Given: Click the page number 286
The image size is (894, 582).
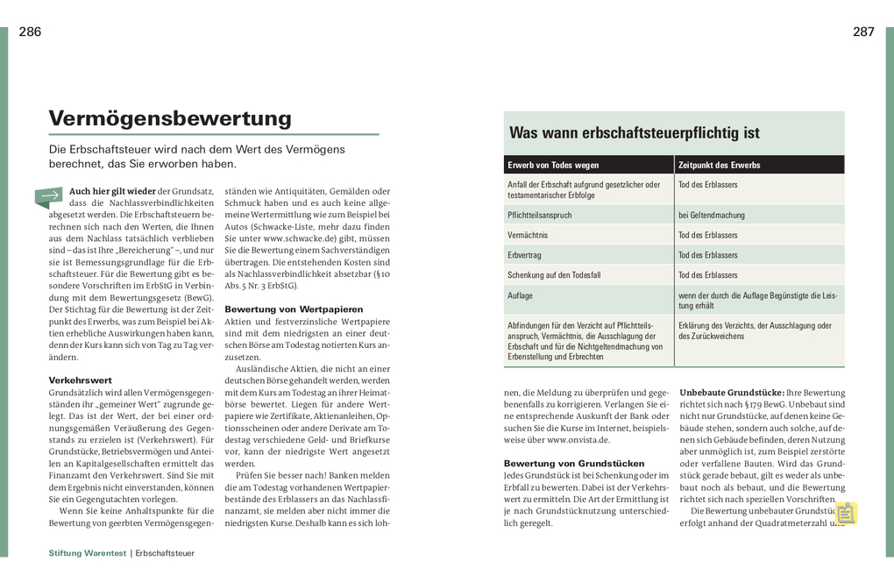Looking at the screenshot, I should (x=30, y=32).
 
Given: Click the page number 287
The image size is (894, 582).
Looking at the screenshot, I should (x=863, y=32).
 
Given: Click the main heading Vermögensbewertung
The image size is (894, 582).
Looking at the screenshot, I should (x=170, y=118).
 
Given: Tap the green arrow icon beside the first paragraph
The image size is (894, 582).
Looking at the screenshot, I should (x=49, y=196).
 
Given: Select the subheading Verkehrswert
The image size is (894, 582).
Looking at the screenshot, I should (x=80, y=380).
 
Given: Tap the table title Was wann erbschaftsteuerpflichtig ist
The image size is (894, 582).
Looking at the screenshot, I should (x=635, y=133).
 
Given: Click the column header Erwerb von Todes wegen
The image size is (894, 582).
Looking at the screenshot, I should (x=553, y=165).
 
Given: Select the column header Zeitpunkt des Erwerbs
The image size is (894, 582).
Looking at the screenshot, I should (x=720, y=165).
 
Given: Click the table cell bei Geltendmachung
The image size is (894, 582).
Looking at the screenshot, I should (x=712, y=215).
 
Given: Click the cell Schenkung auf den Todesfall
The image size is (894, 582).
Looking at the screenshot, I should (x=554, y=275).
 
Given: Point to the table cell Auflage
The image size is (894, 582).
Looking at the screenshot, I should (x=520, y=295).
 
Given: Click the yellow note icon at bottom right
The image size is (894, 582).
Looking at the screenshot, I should (x=846, y=513).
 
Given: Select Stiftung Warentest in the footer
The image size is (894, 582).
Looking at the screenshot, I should (x=88, y=554).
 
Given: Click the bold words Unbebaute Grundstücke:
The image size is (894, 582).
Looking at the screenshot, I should (x=731, y=393).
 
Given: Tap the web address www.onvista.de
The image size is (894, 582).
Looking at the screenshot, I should (x=578, y=440).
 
